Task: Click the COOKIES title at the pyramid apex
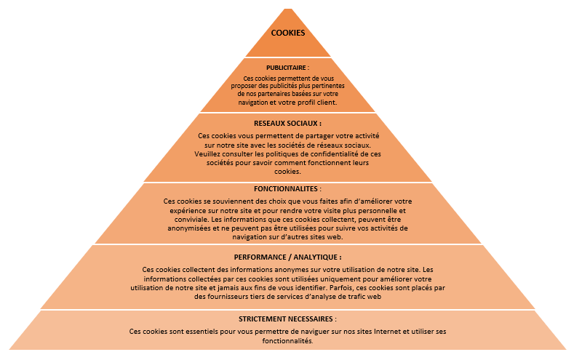288,33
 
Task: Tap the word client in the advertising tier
327,103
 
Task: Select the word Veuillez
207,154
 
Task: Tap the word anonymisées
188,228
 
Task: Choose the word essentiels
202,332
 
